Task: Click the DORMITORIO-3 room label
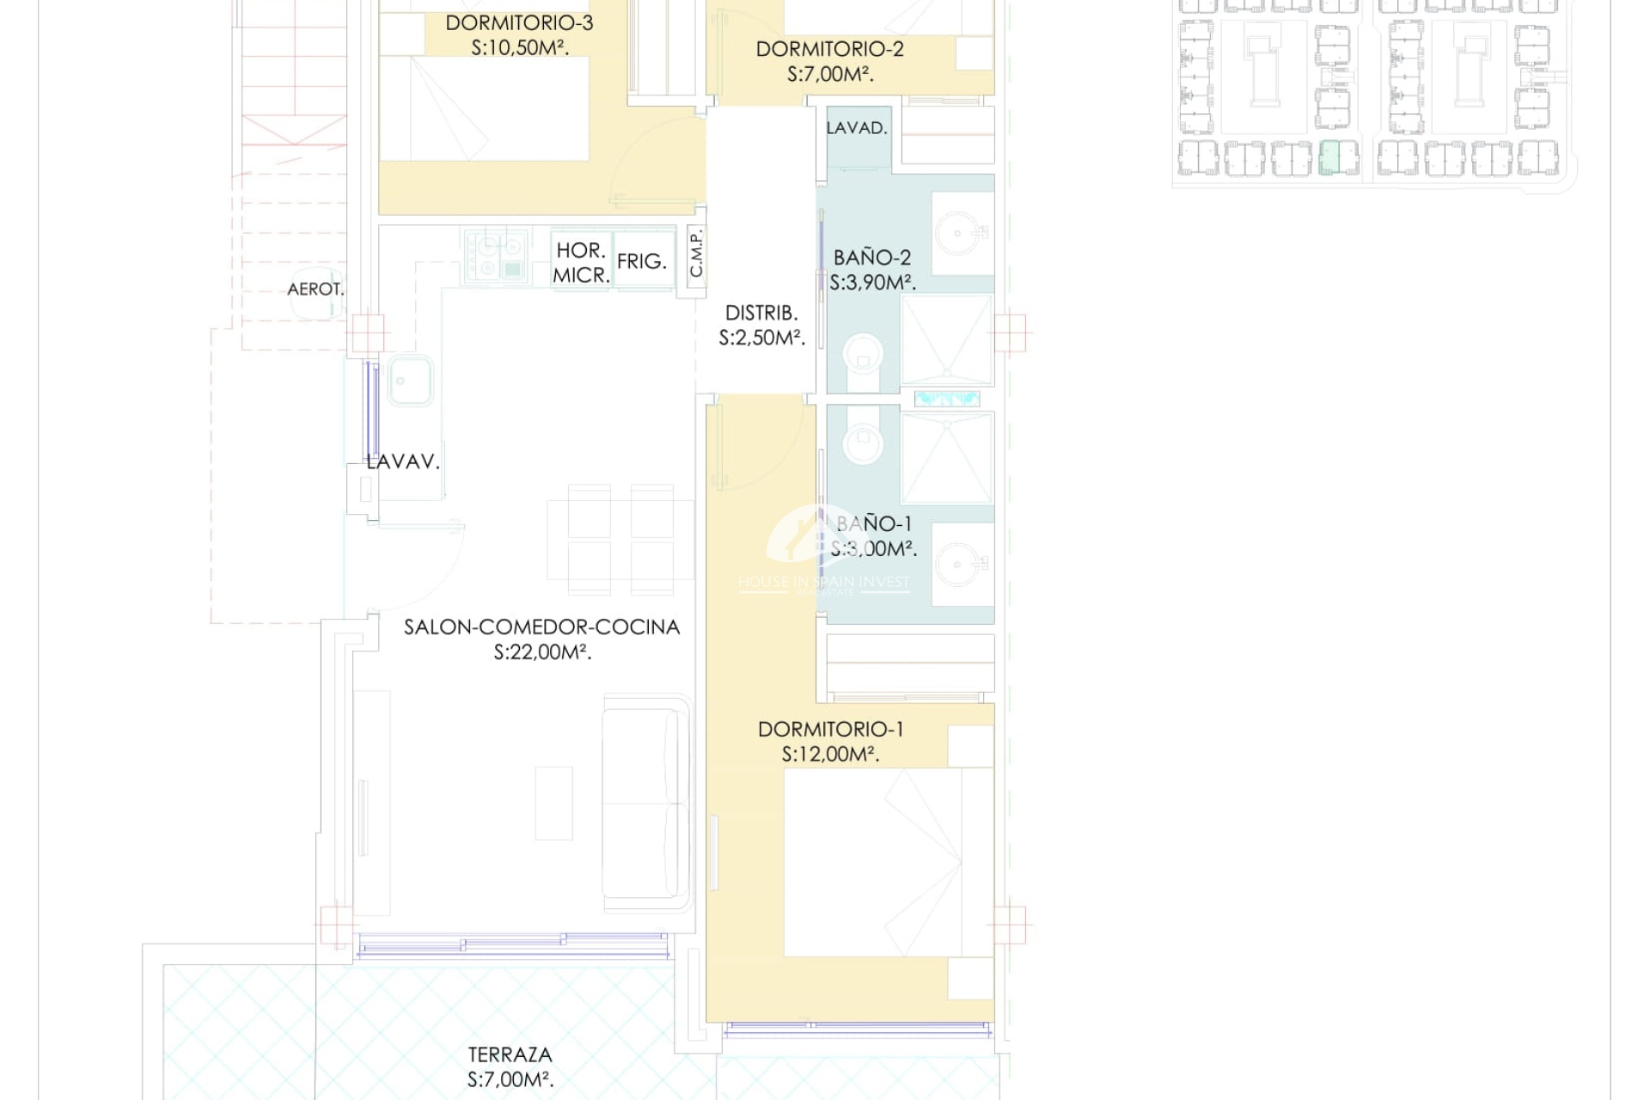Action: pyautogui.click(x=519, y=23)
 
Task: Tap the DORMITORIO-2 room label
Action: pyautogui.click(x=829, y=49)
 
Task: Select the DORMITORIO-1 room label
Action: pyautogui.click(x=830, y=730)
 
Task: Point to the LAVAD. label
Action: pyautogui.click(x=857, y=128)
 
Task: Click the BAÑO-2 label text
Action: pyautogui.click(x=871, y=257)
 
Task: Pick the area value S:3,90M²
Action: pyautogui.click(x=872, y=282)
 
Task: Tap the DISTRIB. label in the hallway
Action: pyautogui.click(x=761, y=313)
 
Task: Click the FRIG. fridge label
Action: pyautogui.click(x=642, y=261)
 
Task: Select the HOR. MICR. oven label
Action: pyautogui.click(x=581, y=263)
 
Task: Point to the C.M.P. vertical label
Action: pyautogui.click(x=696, y=254)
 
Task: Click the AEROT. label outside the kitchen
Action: pyautogui.click(x=315, y=290)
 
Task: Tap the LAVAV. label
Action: pyautogui.click(x=403, y=461)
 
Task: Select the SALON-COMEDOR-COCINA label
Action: pyautogui.click(x=541, y=627)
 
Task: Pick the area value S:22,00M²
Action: pyautogui.click(x=542, y=652)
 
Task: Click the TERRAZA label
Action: pyautogui.click(x=510, y=1054)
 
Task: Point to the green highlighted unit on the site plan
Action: pyautogui.click(x=1329, y=158)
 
